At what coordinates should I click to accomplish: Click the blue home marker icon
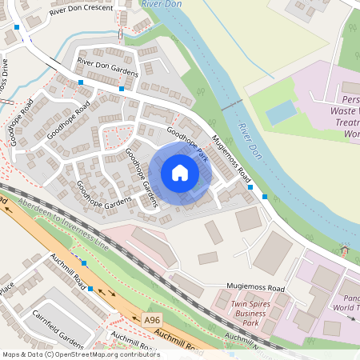pyautogui.click(x=180, y=173)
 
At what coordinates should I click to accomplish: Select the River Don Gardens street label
pyautogui.click(x=107, y=67)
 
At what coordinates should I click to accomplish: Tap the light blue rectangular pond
pyautogui.click(x=281, y=112)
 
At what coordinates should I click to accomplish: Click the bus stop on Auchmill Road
pyautogui.click(x=91, y=288)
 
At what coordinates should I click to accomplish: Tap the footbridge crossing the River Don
pyautogui.click(x=231, y=104)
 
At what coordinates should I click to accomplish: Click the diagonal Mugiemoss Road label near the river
pyautogui.click(x=233, y=158)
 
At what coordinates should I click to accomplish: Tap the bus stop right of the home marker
pyautogui.click(x=250, y=187)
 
